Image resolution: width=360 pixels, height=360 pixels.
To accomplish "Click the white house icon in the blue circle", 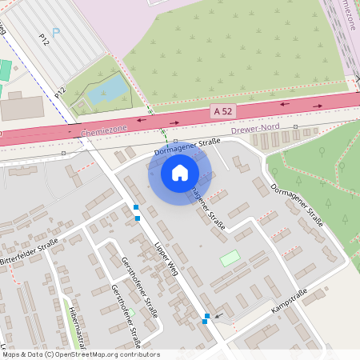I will (179, 172).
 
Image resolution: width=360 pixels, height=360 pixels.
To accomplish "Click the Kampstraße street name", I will (290, 302).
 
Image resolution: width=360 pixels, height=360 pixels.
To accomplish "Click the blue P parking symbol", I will (55, 32).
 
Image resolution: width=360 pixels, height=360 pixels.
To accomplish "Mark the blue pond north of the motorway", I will (106, 90).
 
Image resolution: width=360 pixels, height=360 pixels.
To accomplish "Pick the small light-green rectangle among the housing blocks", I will (230, 258).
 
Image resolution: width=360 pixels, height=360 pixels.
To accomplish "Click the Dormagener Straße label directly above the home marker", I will (186, 146).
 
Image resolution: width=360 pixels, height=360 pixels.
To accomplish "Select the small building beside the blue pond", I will (80, 106).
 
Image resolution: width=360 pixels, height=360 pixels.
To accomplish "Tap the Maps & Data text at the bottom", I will (21, 354).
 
